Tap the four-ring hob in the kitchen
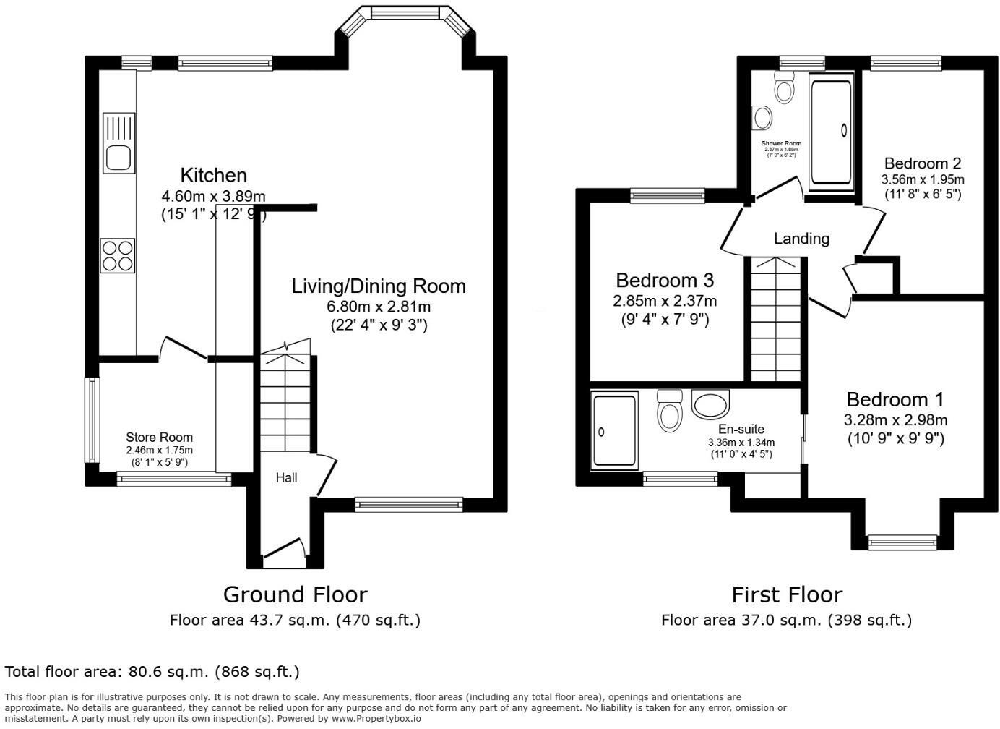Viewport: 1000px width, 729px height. point(118,255)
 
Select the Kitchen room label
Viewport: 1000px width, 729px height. point(213,175)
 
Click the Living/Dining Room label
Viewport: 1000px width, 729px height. point(379,286)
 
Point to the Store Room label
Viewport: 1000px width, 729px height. point(159,437)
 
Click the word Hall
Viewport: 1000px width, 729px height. point(286,477)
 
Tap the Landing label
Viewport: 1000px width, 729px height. point(801,238)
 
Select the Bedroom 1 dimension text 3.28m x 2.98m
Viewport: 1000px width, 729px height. point(895,420)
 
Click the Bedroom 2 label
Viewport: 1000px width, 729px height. point(922,163)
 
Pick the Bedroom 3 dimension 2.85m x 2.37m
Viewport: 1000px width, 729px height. point(665,301)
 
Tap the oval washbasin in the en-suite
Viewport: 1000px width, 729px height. point(711,404)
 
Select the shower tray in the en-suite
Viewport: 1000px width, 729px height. point(614,430)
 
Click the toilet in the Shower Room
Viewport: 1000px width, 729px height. point(783,88)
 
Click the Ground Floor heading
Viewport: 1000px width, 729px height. point(295,594)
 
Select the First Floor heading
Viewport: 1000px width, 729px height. point(786,594)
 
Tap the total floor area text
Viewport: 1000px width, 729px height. point(152,672)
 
